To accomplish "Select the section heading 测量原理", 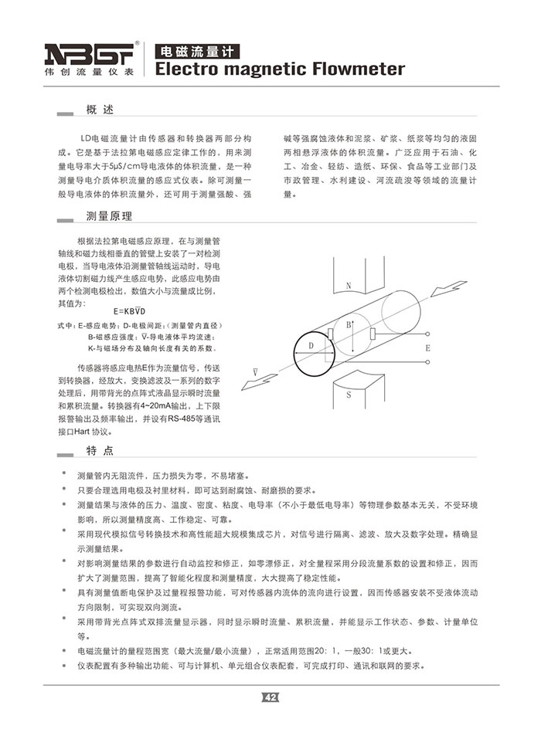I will pyautogui.click(x=109, y=215).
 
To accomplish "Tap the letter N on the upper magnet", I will pyautogui.click(x=349, y=286).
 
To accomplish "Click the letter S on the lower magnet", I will pyautogui.click(x=349, y=395).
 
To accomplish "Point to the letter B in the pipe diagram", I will pyautogui.click(x=349, y=324).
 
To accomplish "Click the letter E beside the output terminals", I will pyautogui.click(x=427, y=348).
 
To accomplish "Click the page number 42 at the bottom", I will pyautogui.click(x=270, y=697).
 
